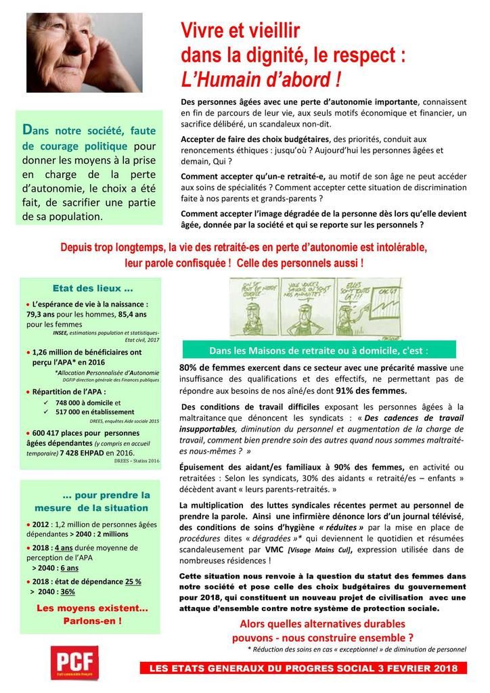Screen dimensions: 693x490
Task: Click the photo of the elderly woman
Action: tap(85, 52)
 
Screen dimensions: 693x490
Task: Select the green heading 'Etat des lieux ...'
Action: tap(93, 287)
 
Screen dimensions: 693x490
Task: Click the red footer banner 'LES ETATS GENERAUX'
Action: tap(308, 669)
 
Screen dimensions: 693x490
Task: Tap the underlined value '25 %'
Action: tap(132, 581)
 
